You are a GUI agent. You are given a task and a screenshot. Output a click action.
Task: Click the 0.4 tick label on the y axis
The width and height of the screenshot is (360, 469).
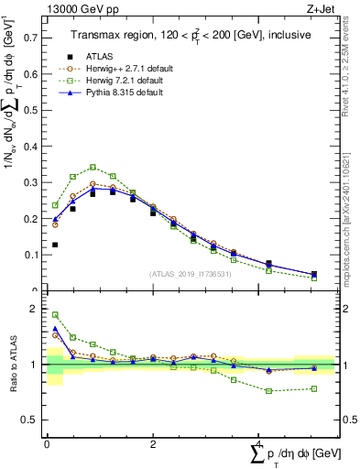pos(29,147)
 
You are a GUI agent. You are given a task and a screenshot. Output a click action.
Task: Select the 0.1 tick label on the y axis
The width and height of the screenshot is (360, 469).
pos(29,255)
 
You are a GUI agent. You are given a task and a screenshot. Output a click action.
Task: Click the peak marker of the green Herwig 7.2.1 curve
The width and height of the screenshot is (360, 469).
pos(93,167)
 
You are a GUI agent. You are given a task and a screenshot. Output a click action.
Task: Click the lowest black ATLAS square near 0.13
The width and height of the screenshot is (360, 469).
pos(55,245)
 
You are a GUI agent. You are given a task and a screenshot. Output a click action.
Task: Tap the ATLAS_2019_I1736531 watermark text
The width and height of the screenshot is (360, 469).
pos(189,274)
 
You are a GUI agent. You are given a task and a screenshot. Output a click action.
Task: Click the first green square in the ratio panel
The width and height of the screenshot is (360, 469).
pos(55,314)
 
